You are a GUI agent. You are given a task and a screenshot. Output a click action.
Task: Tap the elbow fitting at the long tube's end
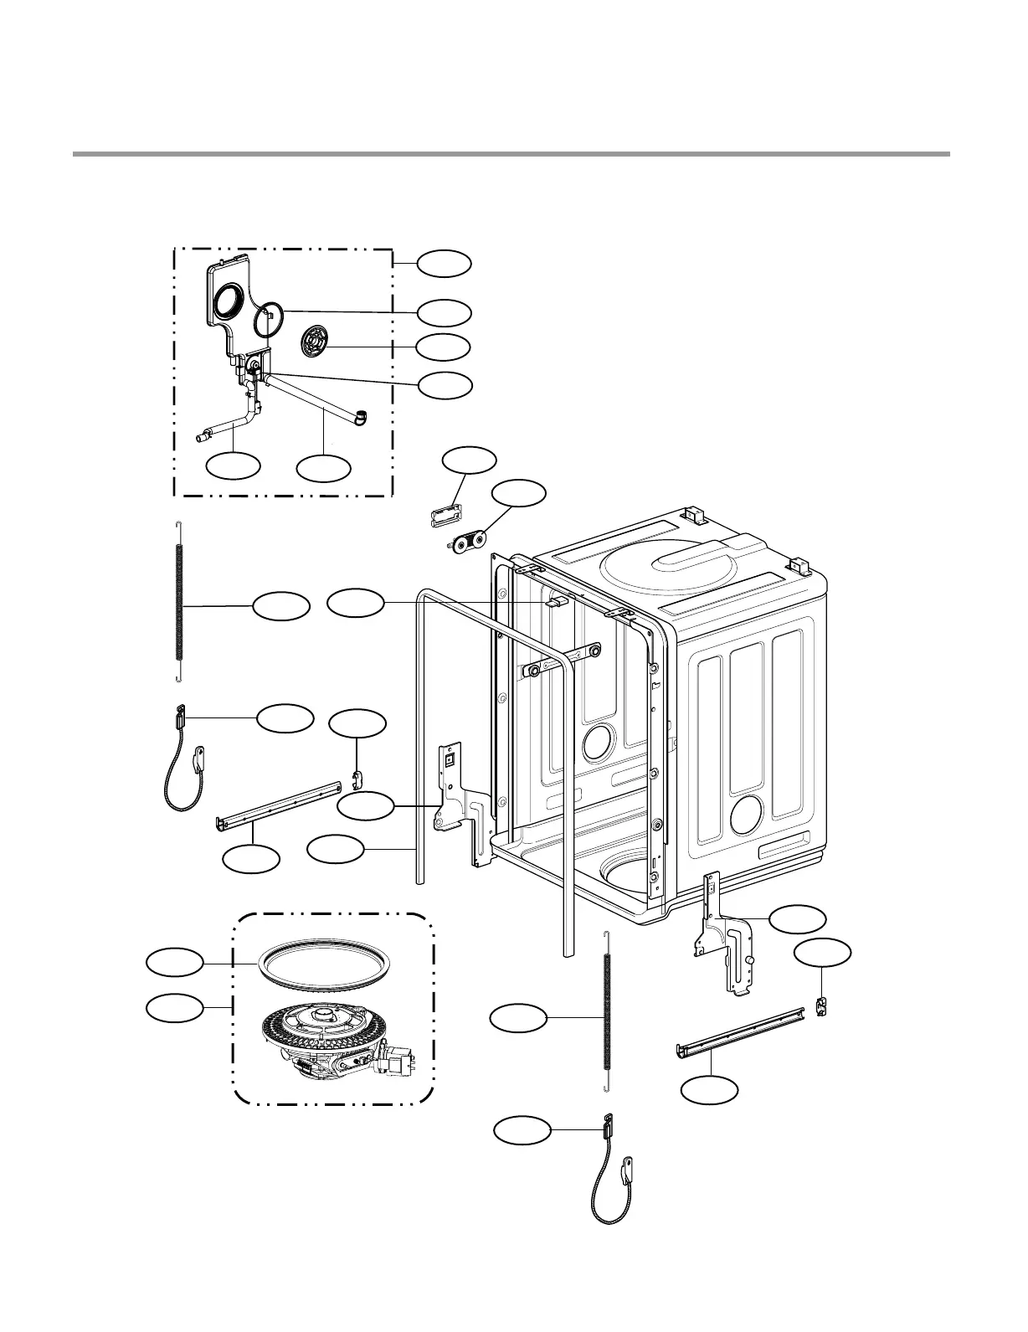pos(361,416)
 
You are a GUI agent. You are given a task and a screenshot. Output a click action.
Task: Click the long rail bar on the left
pos(279,805)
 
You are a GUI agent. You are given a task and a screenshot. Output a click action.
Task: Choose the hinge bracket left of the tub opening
pos(459,802)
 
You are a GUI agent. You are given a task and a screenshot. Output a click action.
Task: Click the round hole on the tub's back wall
pos(599,742)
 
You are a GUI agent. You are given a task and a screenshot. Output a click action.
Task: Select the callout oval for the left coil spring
pos(281,606)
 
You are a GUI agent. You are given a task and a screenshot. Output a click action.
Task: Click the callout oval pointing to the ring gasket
pos(175,962)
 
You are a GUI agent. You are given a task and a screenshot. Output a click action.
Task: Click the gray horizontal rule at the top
pos(511,154)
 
